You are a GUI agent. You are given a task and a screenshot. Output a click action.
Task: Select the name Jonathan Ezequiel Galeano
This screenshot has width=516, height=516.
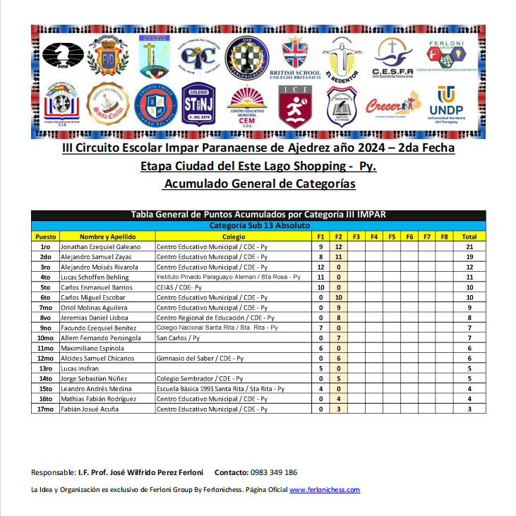[x=101, y=246]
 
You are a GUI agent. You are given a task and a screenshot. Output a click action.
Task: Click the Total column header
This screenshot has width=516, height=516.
[x=469, y=236]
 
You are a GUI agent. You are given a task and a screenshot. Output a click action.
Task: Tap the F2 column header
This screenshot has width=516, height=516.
[x=339, y=236]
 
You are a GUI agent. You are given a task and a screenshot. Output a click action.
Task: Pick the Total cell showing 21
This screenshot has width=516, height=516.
[x=469, y=246]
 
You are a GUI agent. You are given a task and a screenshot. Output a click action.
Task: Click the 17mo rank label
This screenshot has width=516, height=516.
[x=45, y=409]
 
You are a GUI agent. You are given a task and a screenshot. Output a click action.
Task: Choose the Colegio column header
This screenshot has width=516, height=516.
[x=234, y=236]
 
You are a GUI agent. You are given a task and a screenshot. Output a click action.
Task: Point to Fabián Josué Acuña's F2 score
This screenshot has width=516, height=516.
[x=339, y=409]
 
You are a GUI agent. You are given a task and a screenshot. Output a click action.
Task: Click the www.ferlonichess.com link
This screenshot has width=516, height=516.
[x=325, y=490]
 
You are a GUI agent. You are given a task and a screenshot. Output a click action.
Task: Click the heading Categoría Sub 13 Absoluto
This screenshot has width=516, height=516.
[x=258, y=226]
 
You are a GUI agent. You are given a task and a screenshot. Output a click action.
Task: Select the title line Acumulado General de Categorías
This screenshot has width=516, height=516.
[x=258, y=184]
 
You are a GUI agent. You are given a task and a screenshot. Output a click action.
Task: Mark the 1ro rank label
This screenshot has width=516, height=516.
[x=45, y=246]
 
